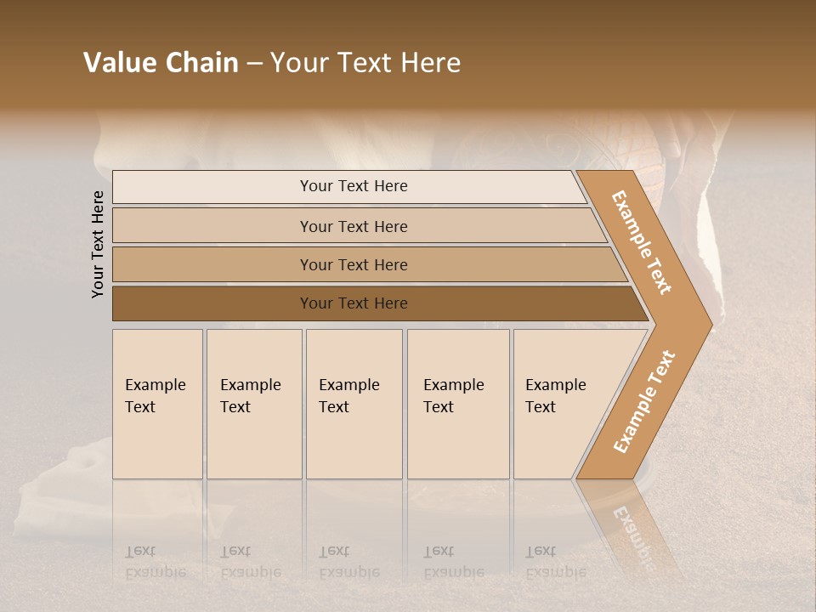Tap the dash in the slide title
point(254,64)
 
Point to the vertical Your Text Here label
point(98,244)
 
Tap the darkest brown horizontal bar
point(212,303)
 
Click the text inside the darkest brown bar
point(354,303)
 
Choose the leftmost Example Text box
point(157,404)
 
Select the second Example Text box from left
point(254,404)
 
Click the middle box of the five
point(354,404)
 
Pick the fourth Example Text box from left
point(458,404)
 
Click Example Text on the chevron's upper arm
point(642,242)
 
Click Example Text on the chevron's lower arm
point(643,402)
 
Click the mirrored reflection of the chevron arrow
point(633,527)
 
